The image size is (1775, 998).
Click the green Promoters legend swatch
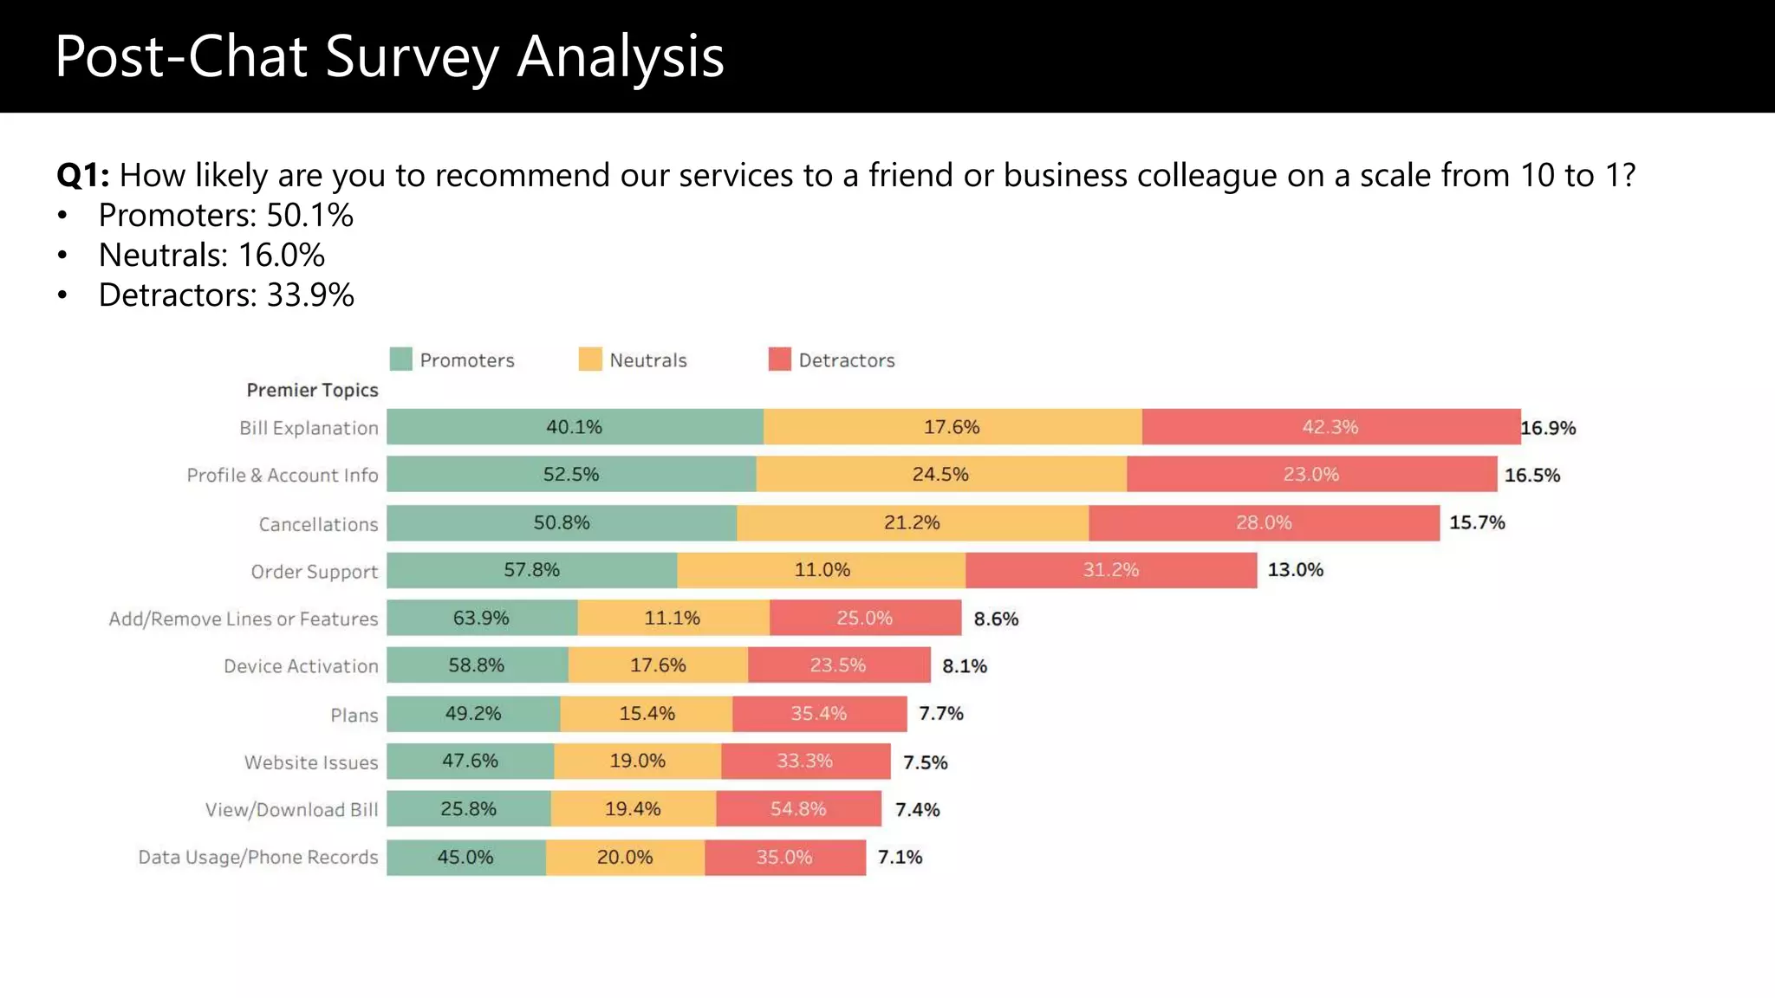pyautogui.click(x=400, y=359)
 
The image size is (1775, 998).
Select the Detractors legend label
pyautogui.click(x=846, y=360)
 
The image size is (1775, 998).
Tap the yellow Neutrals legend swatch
pyautogui.click(x=590, y=359)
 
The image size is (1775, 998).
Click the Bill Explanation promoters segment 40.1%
pyautogui.click(x=574, y=427)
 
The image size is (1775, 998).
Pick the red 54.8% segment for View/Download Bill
pyautogui.click(x=798, y=808)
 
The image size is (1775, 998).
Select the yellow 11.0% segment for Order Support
pyautogui.click(x=822, y=570)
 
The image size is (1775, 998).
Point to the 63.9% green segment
pyautogui.click(x=481, y=618)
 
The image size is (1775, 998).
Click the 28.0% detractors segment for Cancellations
pyautogui.click(x=1264, y=522)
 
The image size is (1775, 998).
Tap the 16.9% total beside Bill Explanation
pyautogui.click(x=1548, y=428)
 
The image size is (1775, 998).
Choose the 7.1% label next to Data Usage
pyautogui.click(x=900, y=857)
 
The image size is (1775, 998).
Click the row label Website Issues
pyautogui.click(x=310, y=762)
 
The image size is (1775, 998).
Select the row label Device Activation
pyautogui.click(x=301, y=666)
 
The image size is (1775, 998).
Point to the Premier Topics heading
pyautogui.click(x=312, y=390)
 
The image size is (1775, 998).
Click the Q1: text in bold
pyautogui.click(x=82, y=175)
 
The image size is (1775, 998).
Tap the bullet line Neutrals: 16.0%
pyautogui.click(x=211, y=255)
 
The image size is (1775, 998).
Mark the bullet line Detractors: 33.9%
pyautogui.click(x=226, y=295)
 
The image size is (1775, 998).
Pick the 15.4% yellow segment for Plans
pyautogui.click(x=647, y=713)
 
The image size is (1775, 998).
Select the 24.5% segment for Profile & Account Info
pyautogui.click(x=940, y=474)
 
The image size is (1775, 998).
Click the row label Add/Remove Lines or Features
pyautogui.click(x=243, y=619)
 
